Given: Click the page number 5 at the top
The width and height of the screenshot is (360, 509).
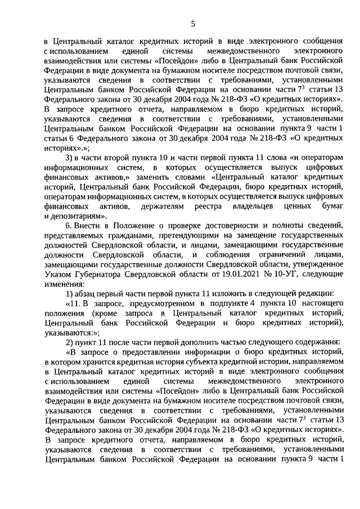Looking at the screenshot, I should click(192, 23).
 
